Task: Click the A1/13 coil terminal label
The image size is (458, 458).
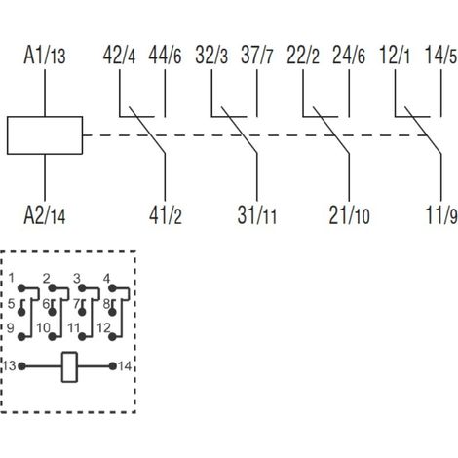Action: (45, 56)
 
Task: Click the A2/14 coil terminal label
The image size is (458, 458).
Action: (45, 215)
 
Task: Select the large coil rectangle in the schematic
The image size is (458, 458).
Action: (45, 135)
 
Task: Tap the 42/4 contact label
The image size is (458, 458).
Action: (119, 56)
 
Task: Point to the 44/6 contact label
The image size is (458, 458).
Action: (165, 56)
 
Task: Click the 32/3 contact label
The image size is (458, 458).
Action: (211, 56)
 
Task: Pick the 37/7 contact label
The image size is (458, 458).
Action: (257, 56)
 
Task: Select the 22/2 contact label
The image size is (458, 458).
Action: (303, 56)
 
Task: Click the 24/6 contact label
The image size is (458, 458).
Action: (349, 56)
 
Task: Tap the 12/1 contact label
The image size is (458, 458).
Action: (395, 56)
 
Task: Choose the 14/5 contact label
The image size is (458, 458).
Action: (440, 56)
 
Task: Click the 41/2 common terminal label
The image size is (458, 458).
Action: (166, 215)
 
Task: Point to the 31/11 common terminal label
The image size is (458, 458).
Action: (257, 215)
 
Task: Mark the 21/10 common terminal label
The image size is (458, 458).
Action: (349, 215)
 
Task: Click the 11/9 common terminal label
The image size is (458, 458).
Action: (441, 215)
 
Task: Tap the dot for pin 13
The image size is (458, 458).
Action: (21, 366)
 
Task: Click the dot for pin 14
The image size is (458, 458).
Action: (113, 366)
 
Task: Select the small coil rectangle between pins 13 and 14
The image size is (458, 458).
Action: (69, 366)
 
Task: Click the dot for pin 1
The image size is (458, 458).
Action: (21, 287)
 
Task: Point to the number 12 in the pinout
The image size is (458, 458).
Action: (103, 328)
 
